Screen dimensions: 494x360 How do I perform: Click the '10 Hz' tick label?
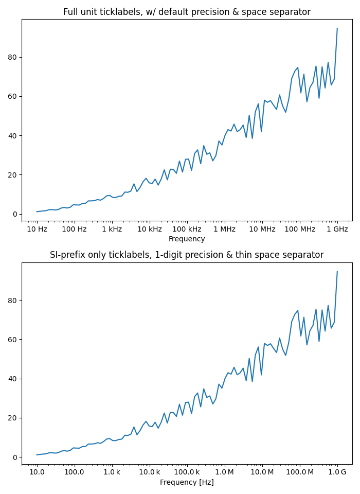[37, 228]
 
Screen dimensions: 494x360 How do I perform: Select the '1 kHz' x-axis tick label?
[112, 228]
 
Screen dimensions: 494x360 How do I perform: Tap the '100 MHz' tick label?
[300, 228]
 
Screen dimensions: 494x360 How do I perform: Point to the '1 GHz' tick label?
[337, 228]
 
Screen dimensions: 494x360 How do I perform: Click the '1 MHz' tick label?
[224, 228]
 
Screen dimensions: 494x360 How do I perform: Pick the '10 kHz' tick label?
[149, 228]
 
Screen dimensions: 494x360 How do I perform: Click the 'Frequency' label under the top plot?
[187, 239]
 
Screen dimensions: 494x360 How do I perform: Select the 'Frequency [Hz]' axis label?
[187, 482]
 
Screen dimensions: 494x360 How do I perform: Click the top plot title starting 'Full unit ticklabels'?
[187, 12]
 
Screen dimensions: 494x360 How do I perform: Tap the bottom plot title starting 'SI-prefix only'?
[187, 255]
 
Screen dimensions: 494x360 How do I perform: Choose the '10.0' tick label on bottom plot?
[37, 472]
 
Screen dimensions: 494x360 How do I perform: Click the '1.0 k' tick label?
[112, 472]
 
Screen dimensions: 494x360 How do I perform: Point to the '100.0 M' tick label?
[300, 472]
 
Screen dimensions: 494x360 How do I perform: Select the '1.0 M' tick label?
[224, 472]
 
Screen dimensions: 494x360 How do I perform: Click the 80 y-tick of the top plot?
[14, 57]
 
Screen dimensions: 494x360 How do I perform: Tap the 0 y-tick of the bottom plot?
[15, 457]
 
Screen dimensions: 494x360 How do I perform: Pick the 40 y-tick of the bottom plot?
[14, 379]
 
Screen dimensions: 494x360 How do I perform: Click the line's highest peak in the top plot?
[337, 28]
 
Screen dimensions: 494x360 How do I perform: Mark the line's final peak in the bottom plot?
[337, 272]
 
